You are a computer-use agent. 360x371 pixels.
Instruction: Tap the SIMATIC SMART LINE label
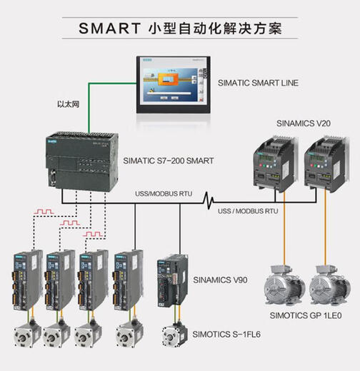click(258, 83)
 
